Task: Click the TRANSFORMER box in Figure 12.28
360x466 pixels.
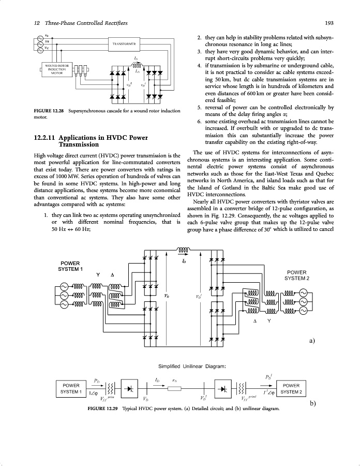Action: [x=124, y=44]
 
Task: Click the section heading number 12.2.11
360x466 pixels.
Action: [x=43, y=138]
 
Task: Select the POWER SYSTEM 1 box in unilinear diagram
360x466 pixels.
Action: [x=71, y=388]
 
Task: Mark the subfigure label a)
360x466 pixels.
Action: [x=311, y=340]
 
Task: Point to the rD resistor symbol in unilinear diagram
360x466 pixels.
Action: [x=176, y=389]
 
